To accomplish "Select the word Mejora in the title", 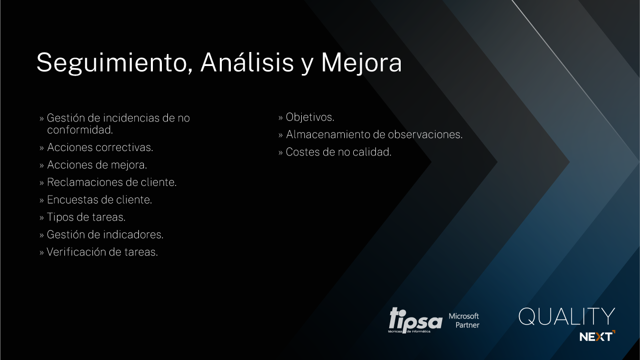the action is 361,63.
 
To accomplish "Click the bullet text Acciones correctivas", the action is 100,147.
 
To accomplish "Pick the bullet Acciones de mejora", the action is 97,165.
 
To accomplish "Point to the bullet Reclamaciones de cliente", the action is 112,182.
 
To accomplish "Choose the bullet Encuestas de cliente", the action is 99,199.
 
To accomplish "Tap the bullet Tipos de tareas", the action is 86,217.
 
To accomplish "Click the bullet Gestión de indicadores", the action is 105,234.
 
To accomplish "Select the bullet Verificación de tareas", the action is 102,252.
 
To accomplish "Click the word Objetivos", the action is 310,117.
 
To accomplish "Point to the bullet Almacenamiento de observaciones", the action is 374,134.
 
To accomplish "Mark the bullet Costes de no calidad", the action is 338,152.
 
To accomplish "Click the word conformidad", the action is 80,130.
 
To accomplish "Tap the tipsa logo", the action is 415,320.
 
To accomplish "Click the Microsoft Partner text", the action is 464,320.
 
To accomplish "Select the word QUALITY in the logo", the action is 567,316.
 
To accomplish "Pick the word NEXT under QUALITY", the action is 597,336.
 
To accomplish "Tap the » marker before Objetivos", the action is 281,117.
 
